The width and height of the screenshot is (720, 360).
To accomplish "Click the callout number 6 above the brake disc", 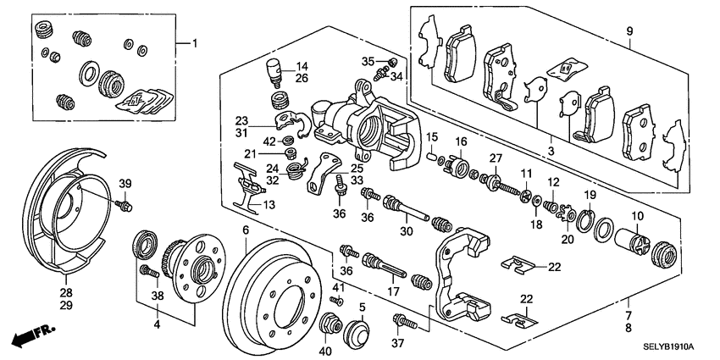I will [x=246, y=230].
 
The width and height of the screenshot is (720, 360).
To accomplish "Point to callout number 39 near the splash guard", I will [x=125, y=185].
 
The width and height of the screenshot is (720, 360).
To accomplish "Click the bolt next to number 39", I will [x=125, y=205].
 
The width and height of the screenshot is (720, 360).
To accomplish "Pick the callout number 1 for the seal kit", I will [x=192, y=42].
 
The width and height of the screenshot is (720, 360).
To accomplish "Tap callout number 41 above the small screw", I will [x=336, y=289].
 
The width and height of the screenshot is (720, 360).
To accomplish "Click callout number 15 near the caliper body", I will [x=431, y=137].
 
